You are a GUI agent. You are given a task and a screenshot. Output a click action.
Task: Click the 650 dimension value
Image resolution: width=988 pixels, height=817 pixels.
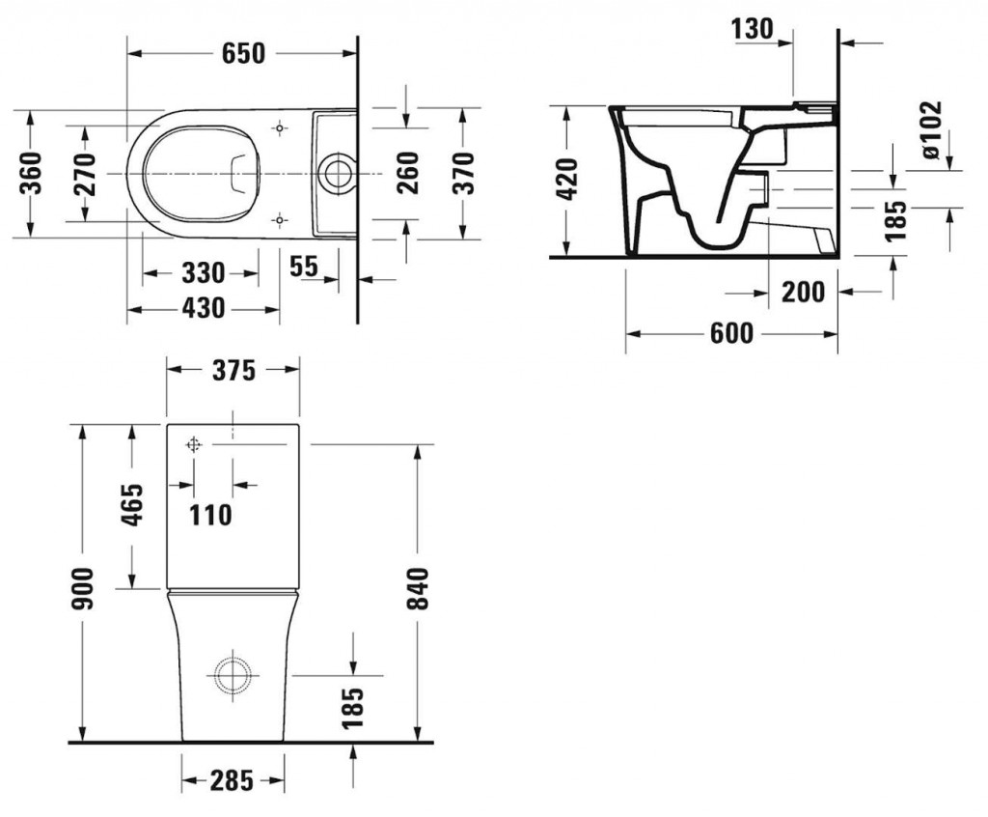[x=243, y=54]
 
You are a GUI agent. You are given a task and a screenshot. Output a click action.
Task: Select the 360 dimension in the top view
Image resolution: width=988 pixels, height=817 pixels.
[x=30, y=173]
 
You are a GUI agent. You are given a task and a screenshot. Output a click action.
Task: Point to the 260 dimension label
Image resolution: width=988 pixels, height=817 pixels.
[x=408, y=173]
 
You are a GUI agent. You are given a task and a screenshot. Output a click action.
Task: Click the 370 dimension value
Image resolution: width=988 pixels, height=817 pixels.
[x=463, y=173]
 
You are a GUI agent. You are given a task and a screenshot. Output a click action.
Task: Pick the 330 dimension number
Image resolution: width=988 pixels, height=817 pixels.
[x=203, y=273]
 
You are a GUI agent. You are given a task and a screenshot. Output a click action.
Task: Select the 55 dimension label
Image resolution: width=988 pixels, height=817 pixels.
[x=304, y=266]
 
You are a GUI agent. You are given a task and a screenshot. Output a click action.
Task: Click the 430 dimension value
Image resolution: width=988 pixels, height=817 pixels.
[x=203, y=308]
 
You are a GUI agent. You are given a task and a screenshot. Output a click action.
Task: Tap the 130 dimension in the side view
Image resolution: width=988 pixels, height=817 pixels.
[x=753, y=28]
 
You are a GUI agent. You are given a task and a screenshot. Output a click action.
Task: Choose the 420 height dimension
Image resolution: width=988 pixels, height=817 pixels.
[x=567, y=180]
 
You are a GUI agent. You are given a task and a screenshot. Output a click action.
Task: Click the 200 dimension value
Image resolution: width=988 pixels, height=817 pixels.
[x=803, y=292]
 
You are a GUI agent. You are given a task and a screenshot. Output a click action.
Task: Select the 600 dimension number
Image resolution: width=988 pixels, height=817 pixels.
[x=731, y=333]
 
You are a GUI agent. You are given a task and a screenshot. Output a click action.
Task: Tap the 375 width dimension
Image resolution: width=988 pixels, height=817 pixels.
[x=233, y=370]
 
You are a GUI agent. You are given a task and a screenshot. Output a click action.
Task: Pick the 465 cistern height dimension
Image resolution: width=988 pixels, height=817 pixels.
[x=132, y=505]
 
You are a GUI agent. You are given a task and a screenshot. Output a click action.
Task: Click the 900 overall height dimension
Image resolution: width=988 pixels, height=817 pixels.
[x=83, y=588]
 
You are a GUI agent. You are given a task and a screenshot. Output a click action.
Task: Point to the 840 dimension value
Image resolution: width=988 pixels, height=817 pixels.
[x=418, y=588]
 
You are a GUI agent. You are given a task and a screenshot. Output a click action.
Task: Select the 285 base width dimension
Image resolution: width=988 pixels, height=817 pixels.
[x=232, y=780]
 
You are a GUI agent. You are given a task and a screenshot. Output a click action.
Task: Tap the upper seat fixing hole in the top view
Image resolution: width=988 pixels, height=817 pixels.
[x=281, y=128]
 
